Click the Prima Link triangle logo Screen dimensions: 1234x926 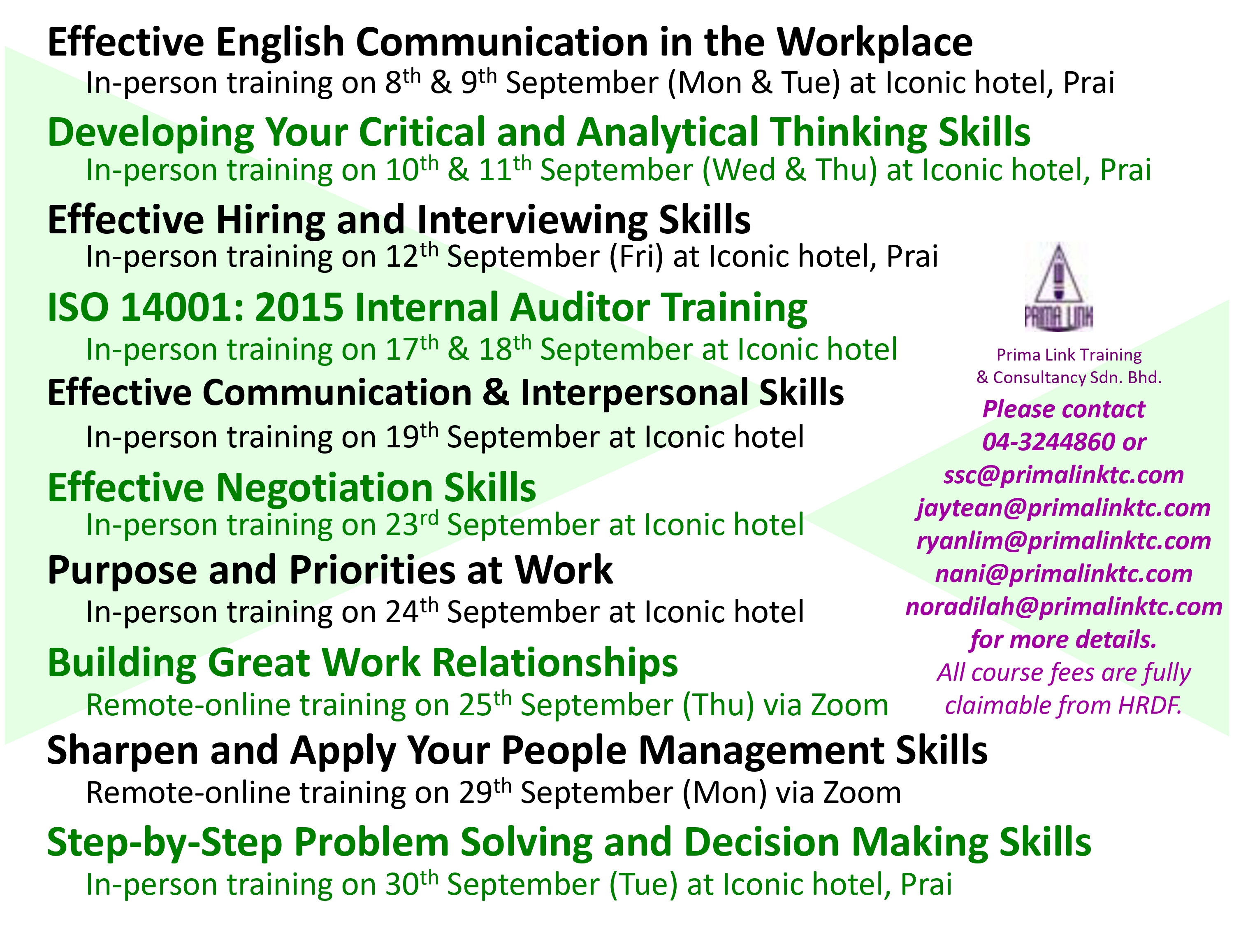tap(1058, 286)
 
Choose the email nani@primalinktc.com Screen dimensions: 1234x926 tap(1064, 574)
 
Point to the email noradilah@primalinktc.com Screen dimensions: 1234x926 tap(1064, 607)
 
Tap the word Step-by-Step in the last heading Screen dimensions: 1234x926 tap(165, 843)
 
